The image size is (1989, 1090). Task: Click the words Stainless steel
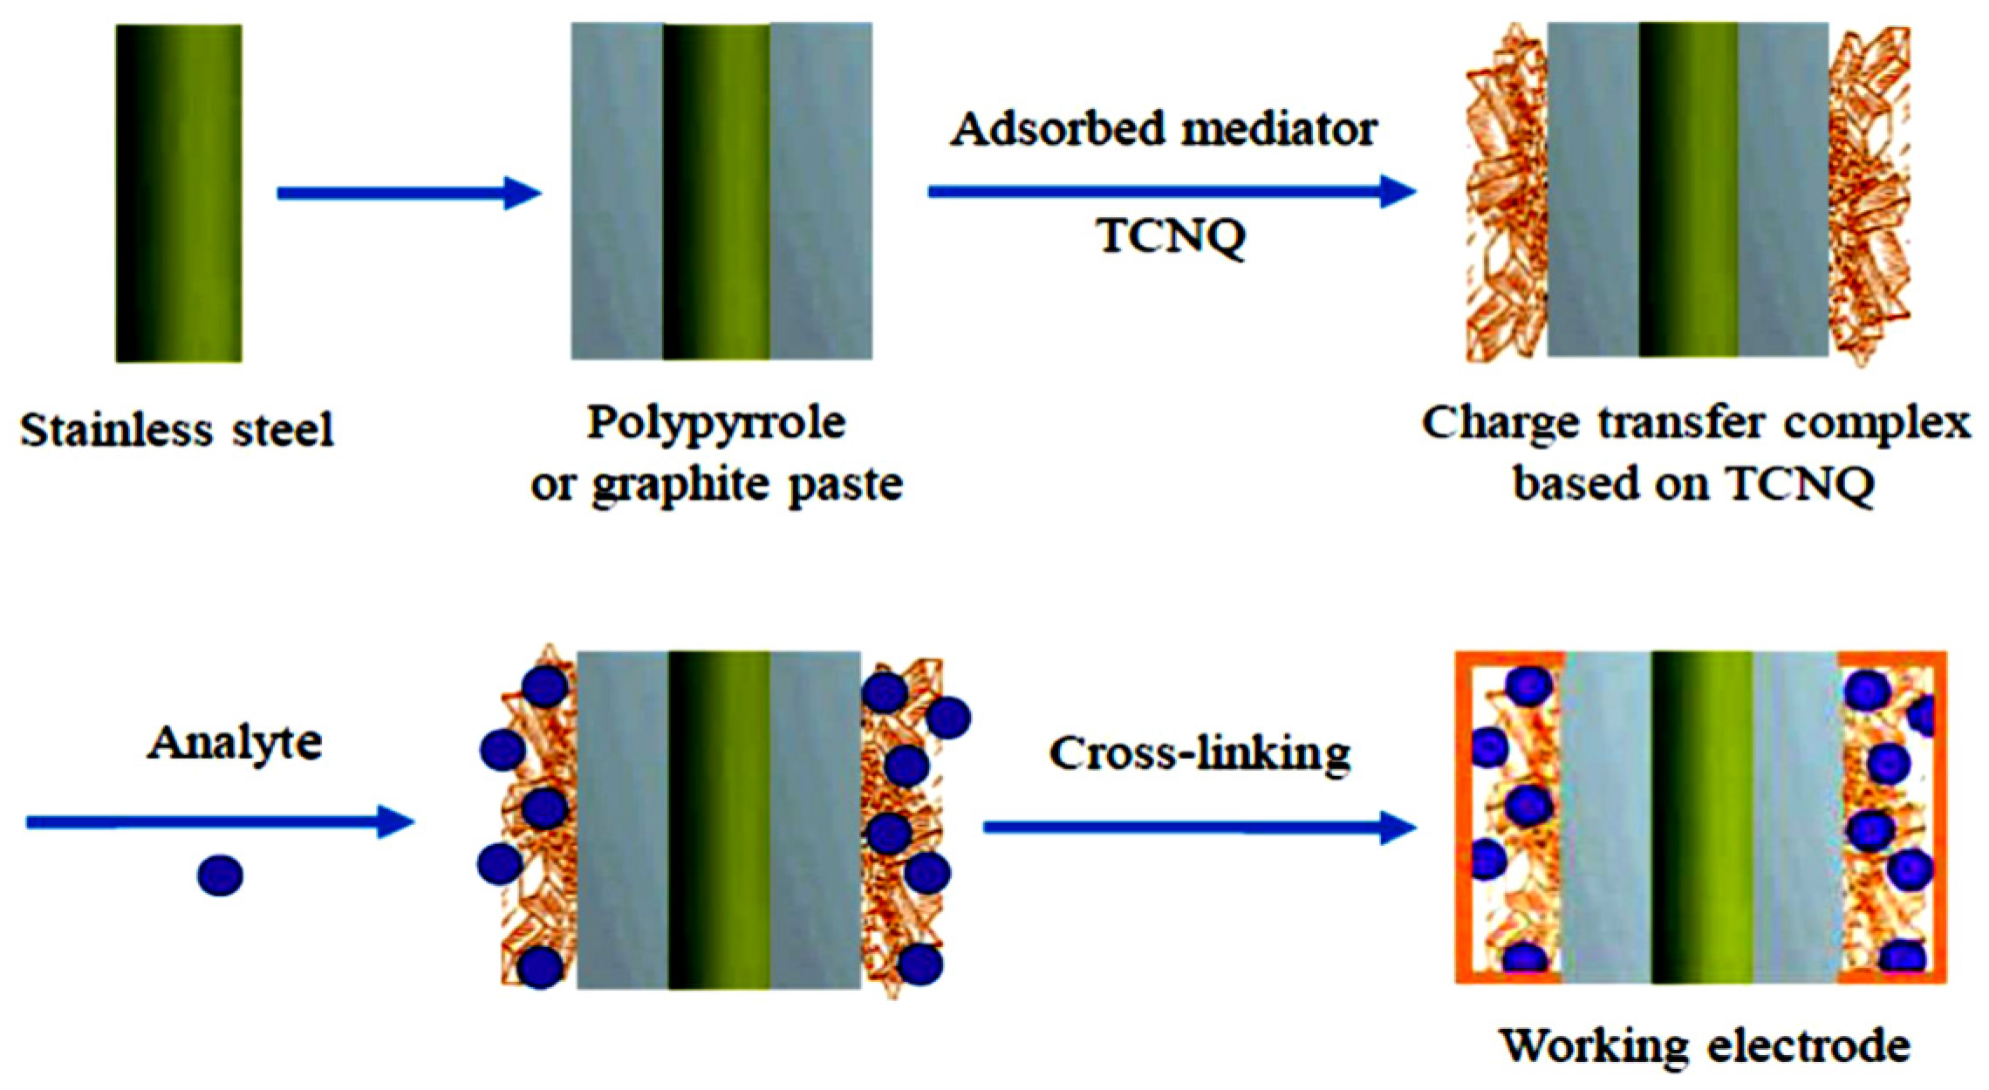coord(177,430)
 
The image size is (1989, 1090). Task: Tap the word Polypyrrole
coord(716,424)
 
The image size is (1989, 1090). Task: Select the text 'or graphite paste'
coord(716,485)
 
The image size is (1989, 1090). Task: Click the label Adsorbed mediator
coord(1164,130)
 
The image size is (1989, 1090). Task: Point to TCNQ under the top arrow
coord(1171,235)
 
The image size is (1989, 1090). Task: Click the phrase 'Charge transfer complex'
coord(1696,424)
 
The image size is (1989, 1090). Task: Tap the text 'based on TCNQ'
coord(1694,483)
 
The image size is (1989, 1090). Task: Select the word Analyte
coord(235,743)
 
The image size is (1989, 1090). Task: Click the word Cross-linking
coord(1200,753)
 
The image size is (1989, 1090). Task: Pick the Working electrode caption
coord(1705,1045)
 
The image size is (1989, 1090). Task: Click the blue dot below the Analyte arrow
coord(220,875)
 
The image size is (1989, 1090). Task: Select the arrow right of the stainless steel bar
coord(408,193)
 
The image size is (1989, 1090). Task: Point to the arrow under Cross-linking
coord(1199,827)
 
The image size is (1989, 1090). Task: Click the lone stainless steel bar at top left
coord(179,193)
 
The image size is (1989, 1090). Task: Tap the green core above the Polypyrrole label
coord(717,191)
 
